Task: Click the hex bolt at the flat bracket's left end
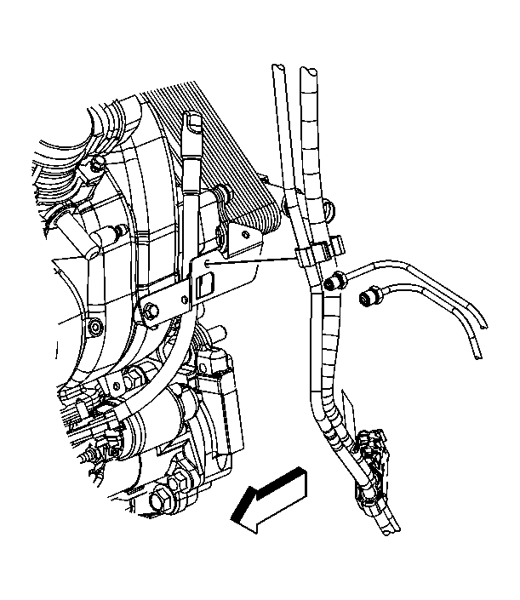pos(151,311)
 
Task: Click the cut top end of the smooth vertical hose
pos(277,69)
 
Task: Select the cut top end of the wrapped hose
pos(307,71)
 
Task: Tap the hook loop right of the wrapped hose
pos(329,202)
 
